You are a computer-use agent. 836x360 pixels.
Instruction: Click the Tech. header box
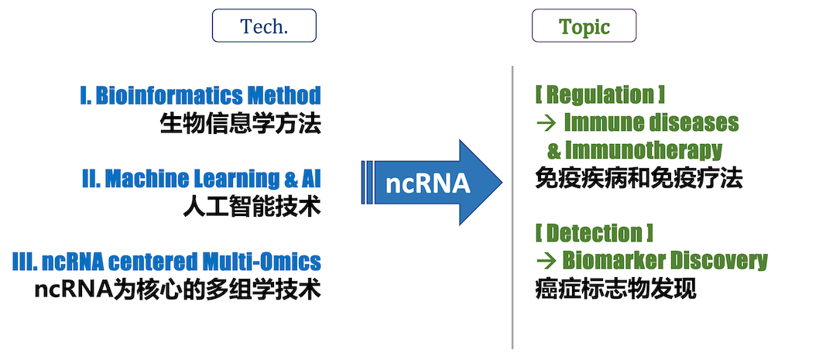point(264,26)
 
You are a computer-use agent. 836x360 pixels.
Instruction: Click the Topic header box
point(584,26)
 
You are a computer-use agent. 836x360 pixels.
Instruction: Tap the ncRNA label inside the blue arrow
point(427,183)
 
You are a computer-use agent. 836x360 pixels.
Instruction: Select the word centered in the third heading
point(153,262)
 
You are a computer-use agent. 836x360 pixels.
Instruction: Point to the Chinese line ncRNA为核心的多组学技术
point(177,290)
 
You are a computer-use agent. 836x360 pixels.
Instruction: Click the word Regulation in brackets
point(601,95)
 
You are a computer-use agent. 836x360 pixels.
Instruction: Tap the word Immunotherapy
point(643,152)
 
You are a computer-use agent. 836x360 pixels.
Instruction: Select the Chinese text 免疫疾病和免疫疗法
point(639,179)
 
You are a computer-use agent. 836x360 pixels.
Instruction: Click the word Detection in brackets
point(594,232)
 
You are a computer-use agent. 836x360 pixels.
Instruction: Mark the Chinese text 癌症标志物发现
point(616,289)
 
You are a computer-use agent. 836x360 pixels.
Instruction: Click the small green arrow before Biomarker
point(546,261)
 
